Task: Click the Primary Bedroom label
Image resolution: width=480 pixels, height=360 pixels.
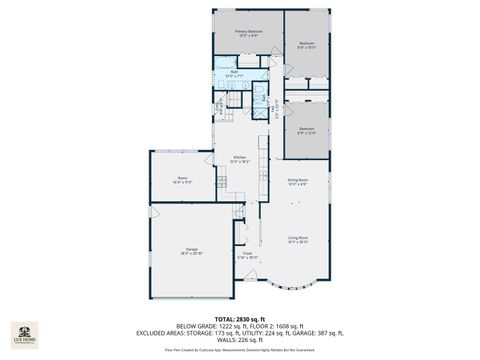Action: [249, 33]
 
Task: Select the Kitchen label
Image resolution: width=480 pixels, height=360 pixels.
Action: [240, 159]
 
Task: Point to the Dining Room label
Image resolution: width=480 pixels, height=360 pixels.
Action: [298, 181]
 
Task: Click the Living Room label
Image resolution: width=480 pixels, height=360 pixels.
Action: [298, 239]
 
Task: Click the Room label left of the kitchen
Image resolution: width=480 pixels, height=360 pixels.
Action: [182, 179]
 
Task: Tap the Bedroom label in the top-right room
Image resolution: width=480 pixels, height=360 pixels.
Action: [307, 44]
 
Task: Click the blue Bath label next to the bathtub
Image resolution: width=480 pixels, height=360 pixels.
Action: [232, 73]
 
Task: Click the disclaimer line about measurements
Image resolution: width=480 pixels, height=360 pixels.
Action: [239, 350]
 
